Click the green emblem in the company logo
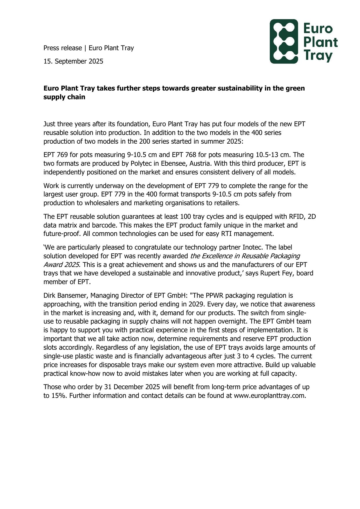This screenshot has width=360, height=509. click(x=284, y=41)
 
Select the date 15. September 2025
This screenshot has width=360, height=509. click(x=73, y=61)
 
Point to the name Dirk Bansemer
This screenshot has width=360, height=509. click(x=66, y=296)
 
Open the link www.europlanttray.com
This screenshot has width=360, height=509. click(x=270, y=396)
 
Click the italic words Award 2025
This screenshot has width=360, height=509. click(x=61, y=265)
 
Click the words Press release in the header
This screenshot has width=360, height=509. click(x=62, y=48)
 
